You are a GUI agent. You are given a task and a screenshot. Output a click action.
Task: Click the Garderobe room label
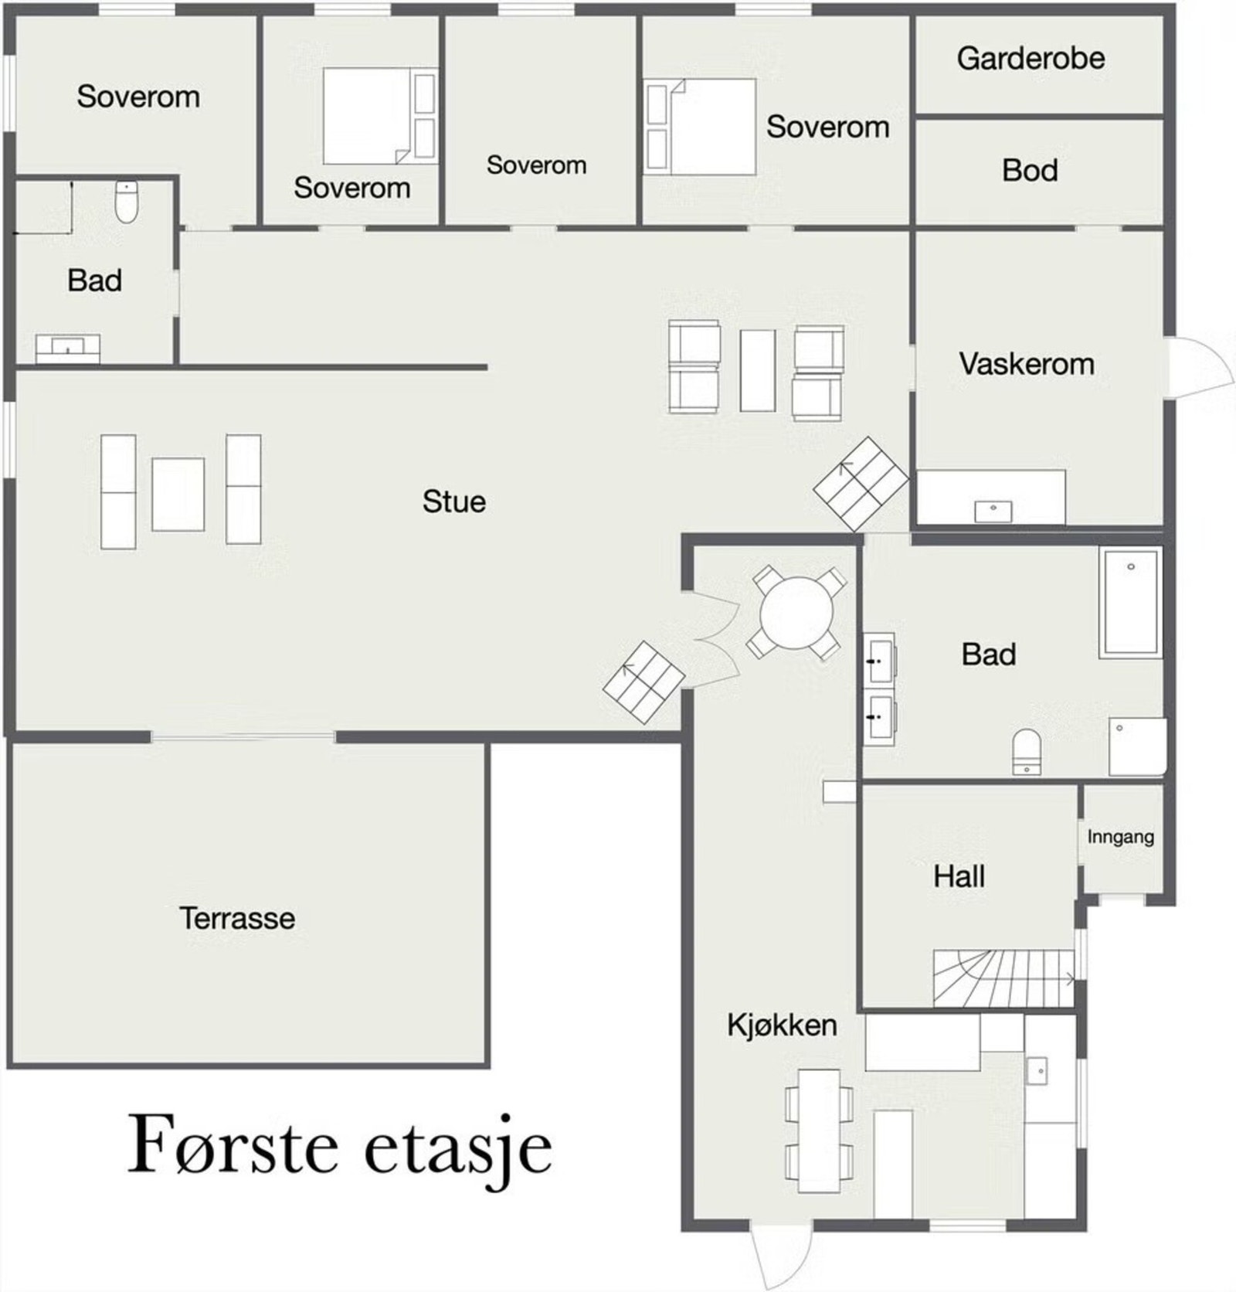click(1031, 59)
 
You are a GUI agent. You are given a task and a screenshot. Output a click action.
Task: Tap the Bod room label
click(1030, 171)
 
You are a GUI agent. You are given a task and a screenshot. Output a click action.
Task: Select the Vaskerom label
click(1027, 364)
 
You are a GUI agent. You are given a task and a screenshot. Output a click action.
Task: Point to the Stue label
click(454, 501)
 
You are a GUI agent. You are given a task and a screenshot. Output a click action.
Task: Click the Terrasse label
click(237, 918)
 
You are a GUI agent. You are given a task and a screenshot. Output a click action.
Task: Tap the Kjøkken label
click(782, 1025)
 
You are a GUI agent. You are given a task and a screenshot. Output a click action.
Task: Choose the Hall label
click(959, 876)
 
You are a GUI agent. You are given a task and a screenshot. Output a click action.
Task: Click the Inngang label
click(1120, 837)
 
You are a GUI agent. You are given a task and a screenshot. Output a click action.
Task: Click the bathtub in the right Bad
click(1130, 603)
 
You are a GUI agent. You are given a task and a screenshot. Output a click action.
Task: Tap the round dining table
click(796, 614)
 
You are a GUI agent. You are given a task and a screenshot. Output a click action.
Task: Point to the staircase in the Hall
click(1003, 978)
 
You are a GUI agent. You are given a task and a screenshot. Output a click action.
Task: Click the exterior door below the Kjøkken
click(782, 1256)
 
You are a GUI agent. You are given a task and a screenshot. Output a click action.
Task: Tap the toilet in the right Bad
click(1027, 752)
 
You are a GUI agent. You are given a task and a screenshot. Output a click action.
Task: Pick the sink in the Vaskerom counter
click(993, 511)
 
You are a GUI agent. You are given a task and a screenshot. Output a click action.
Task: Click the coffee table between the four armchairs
click(757, 371)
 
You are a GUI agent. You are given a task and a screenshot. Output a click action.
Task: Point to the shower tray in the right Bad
click(1137, 747)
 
